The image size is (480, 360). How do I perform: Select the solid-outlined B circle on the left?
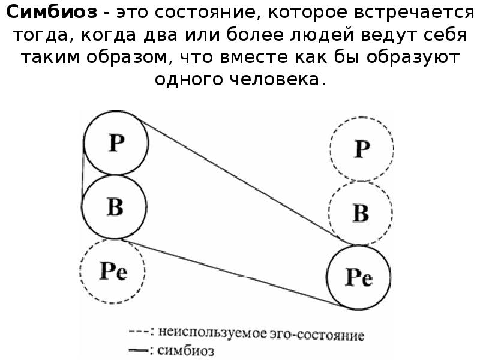click(x=114, y=207)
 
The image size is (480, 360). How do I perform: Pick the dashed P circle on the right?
click(x=361, y=148)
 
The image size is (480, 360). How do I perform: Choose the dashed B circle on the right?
click(x=360, y=212)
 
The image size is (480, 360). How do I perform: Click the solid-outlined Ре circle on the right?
click(x=359, y=277)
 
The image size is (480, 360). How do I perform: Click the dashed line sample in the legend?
click(x=137, y=331)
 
